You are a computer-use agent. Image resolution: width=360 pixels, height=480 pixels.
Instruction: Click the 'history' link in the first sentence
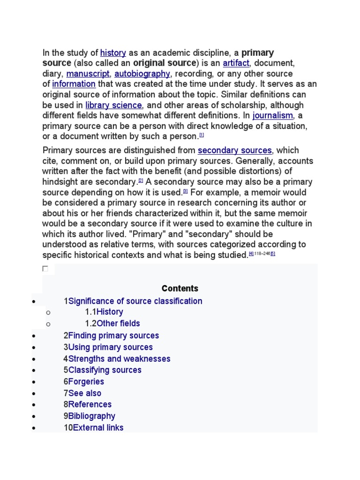(113, 53)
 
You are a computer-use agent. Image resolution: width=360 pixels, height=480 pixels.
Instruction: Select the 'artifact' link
(236, 63)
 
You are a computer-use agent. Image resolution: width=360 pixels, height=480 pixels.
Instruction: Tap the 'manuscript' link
(88, 74)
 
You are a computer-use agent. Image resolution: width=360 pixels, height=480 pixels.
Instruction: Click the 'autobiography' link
(142, 74)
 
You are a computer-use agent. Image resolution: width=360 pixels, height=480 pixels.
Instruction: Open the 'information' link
(74, 84)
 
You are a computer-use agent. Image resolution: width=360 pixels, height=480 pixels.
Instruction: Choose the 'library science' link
(113, 105)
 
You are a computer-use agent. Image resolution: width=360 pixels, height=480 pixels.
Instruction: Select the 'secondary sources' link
(234, 150)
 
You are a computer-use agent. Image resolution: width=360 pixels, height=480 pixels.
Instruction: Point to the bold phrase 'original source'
(164, 63)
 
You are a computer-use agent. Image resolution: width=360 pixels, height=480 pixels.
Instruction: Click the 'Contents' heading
(180, 289)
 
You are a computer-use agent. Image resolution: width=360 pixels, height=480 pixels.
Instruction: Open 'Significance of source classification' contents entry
(135, 301)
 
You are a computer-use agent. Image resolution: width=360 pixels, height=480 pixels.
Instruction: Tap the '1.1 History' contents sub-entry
(110, 312)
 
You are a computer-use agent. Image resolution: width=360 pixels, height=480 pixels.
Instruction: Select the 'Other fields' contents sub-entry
(118, 323)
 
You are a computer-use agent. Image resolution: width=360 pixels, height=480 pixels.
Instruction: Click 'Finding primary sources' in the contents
(113, 336)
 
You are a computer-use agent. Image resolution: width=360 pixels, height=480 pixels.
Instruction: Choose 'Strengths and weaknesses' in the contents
(119, 359)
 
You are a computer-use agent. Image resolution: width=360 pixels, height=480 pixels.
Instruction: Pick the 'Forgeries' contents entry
(86, 382)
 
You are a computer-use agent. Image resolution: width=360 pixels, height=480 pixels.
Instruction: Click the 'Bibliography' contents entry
(91, 416)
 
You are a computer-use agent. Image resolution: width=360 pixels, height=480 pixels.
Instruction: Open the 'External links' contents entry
(98, 428)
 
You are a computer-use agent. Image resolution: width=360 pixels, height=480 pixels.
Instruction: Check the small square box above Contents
(45, 269)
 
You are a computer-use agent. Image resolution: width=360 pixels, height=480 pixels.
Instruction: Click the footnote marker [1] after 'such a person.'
(202, 135)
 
